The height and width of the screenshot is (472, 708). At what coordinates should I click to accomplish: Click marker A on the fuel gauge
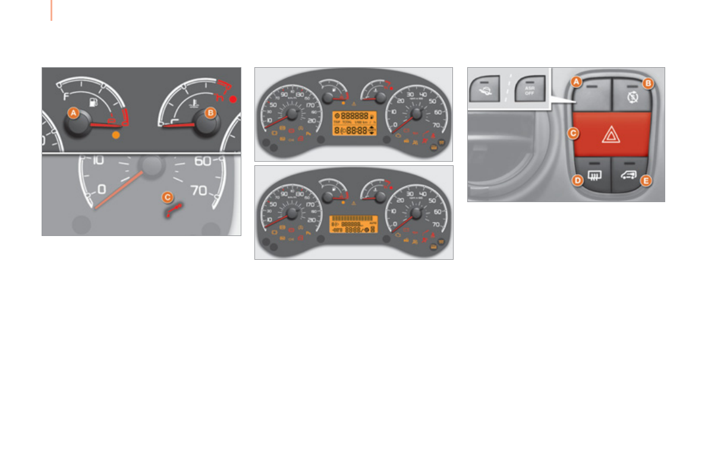pyautogui.click(x=73, y=112)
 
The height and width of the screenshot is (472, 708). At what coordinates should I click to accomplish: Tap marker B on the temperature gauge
pyautogui.click(x=209, y=112)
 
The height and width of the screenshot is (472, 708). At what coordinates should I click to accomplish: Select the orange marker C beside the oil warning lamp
pyautogui.click(x=168, y=196)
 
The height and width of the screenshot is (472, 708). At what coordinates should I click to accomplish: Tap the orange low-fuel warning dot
pyautogui.click(x=115, y=136)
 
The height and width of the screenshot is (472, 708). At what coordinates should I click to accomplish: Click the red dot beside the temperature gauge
pyautogui.click(x=233, y=99)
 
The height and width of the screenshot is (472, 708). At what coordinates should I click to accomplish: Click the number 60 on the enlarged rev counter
pyautogui.click(x=204, y=161)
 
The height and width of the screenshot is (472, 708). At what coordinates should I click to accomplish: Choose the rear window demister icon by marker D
pyautogui.click(x=593, y=174)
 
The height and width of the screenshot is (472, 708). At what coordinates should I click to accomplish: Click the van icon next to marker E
pyautogui.click(x=630, y=174)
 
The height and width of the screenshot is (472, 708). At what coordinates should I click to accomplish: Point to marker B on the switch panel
pyautogui.click(x=648, y=84)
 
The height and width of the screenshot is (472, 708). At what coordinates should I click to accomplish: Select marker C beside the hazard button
pyautogui.click(x=573, y=134)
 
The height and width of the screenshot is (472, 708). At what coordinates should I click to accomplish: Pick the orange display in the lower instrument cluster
pyautogui.click(x=353, y=224)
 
